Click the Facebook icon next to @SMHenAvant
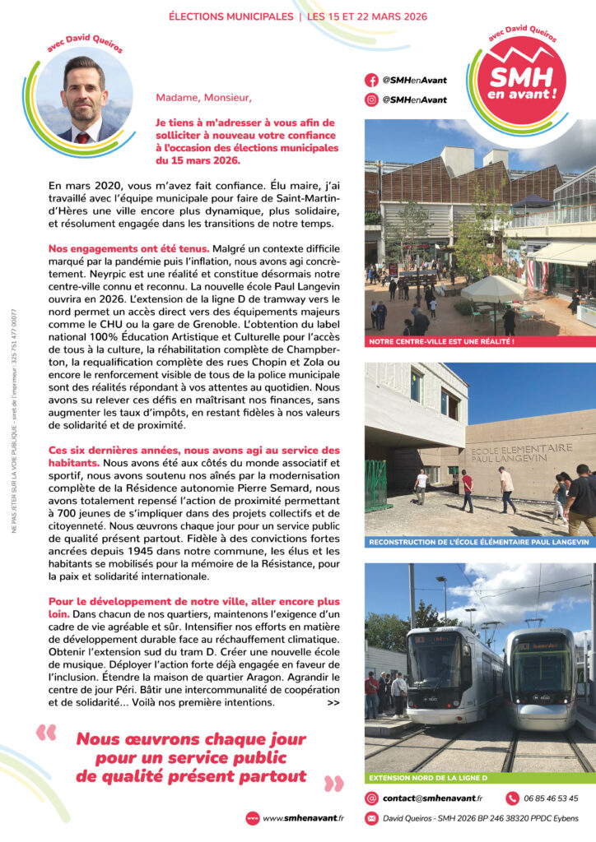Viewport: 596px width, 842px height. click(x=371, y=81)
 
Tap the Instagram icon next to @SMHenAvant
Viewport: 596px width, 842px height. click(x=371, y=99)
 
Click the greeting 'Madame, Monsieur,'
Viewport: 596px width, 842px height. click(x=203, y=98)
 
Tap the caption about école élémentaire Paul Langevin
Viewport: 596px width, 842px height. click(x=479, y=542)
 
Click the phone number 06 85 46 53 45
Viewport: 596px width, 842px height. click(x=551, y=798)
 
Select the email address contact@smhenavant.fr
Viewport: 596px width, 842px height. click(x=432, y=798)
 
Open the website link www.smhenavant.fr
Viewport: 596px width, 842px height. click(x=303, y=818)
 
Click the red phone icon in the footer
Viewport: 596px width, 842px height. click(x=512, y=798)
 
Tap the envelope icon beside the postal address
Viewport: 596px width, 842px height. click(x=371, y=818)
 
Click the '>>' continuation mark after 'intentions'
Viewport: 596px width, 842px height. click(x=333, y=703)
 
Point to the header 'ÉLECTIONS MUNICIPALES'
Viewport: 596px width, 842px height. click(x=230, y=16)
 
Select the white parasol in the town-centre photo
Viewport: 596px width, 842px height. click(x=493, y=289)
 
